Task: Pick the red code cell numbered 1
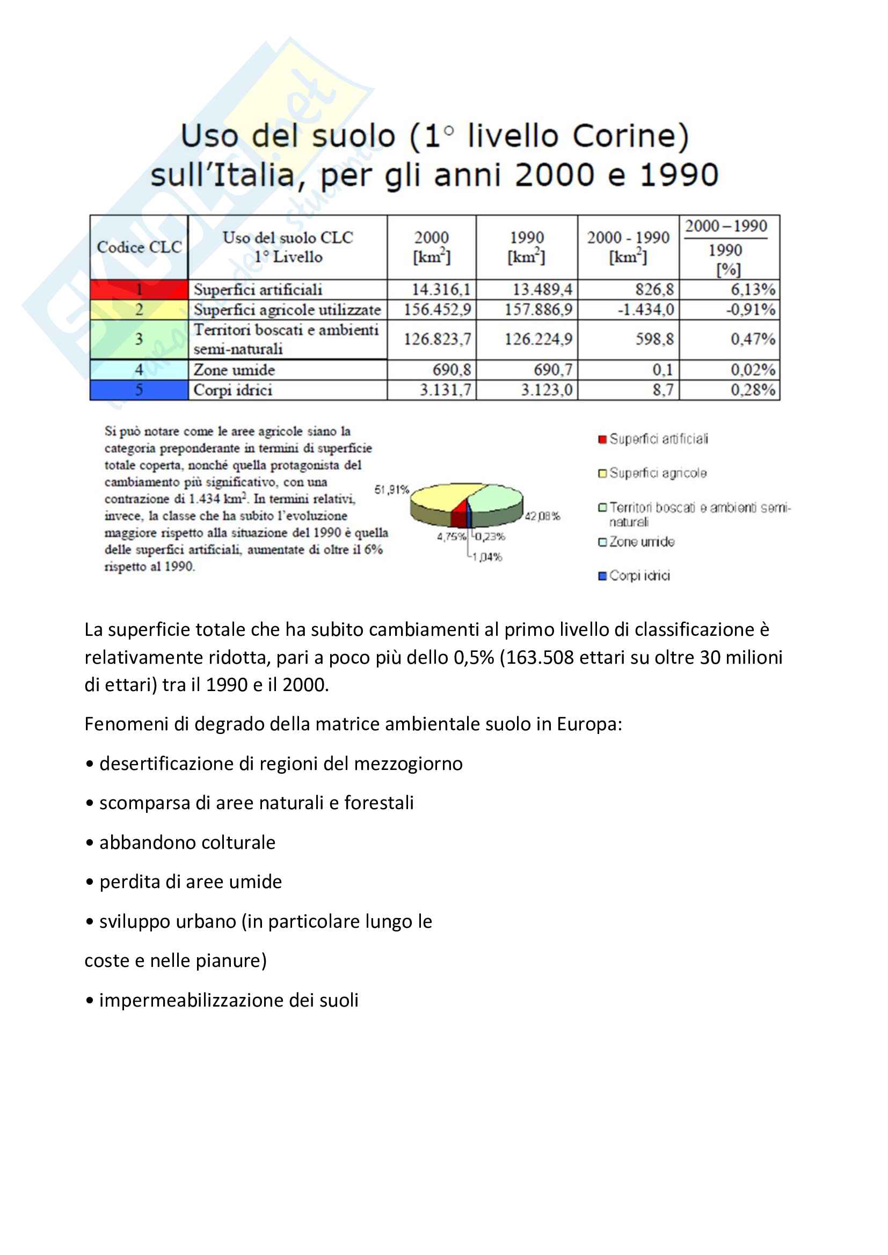pos(139,289)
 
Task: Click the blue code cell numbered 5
pos(139,390)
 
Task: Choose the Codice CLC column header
pos(139,247)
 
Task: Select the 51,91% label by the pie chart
pos(391,490)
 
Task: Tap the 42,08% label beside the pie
pos(542,516)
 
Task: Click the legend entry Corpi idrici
pos(639,576)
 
